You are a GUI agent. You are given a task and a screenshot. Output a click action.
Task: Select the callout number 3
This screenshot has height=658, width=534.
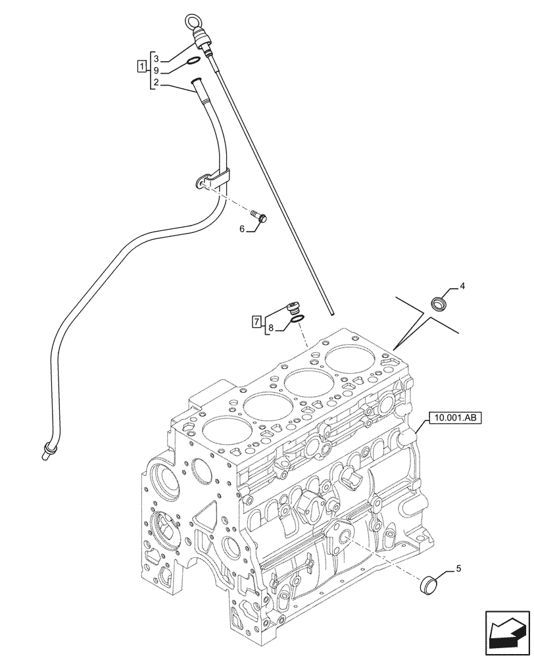point(156,59)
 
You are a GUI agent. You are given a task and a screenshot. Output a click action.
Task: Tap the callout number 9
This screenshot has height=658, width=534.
point(156,70)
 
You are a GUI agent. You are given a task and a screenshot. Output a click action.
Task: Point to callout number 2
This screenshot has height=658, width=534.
point(156,82)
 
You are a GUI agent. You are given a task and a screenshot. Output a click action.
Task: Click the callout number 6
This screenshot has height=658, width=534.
point(241,228)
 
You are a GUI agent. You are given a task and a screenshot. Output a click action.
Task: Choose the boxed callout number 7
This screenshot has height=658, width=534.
point(257,322)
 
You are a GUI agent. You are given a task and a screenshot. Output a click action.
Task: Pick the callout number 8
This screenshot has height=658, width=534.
point(272,328)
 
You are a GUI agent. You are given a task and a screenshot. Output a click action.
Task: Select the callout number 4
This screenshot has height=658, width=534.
point(462,286)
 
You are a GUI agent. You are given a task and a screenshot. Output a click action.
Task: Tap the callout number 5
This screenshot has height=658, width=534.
point(458,570)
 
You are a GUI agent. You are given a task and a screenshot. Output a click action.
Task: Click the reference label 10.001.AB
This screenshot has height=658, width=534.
point(455,417)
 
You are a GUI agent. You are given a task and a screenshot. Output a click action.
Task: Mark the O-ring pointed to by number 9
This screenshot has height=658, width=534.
point(191,63)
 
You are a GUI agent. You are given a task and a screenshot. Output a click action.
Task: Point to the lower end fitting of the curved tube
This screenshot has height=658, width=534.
point(46,451)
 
